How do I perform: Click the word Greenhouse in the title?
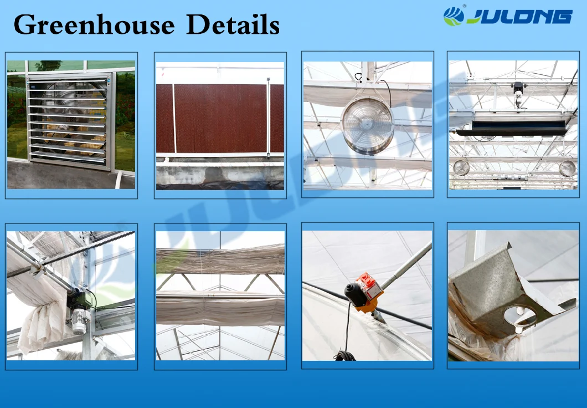pyautogui.click(x=94, y=25)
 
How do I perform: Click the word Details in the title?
pyautogui.click(x=233, y=24)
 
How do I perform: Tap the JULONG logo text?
pyautogui.click(x=519, y=17)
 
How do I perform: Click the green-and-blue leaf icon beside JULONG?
pyautogui.click(x=454, y=16)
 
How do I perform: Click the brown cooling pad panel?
pyautogui.click(x=220, y=119)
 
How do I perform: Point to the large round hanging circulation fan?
pyautogui.click(x=367, y=125)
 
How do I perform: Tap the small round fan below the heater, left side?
pyautogui.click(x=461, y=167)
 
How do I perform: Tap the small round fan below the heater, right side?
pyautogui.click(x=567, y=168)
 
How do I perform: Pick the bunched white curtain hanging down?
pyautogui.click(x=41, y=326)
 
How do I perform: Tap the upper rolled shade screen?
pyautogui.click(x=220, y=259)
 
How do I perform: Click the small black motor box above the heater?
pyautogui.click(x=518, y=89)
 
